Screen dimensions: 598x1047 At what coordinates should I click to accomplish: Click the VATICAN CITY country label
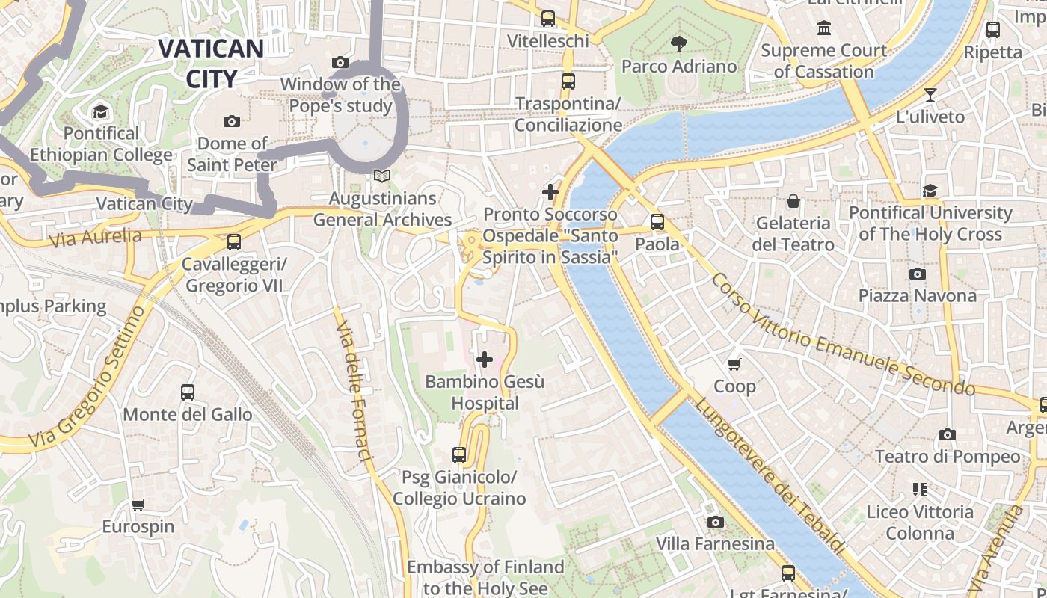[210, 64]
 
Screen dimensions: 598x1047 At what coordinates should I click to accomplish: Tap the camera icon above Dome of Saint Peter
[232, 121]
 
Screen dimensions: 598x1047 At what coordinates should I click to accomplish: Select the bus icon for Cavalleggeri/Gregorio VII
[234, 242]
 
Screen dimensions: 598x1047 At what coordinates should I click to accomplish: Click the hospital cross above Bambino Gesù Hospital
[485, 360]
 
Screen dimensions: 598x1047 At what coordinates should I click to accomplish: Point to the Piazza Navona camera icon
[917, 274]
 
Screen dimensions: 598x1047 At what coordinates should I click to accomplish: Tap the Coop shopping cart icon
[734, 365]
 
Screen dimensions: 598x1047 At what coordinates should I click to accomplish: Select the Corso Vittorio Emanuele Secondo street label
[842, 334]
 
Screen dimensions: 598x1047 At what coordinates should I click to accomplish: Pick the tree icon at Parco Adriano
[679, 44]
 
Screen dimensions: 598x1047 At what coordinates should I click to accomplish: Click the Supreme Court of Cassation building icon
[824, 28]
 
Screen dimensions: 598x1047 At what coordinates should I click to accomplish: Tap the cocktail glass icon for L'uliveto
[930, 95]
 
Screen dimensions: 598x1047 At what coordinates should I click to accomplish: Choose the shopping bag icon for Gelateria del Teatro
[793, 201]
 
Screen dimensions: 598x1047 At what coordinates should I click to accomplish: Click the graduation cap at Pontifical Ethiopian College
[100, 112]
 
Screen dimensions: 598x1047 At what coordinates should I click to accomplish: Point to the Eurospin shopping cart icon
[138, 505]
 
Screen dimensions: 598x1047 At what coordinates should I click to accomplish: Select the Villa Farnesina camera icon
[716, 522]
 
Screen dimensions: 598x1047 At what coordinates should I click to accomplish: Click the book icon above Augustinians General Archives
[382, 176]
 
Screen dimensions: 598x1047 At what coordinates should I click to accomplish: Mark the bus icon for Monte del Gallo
[188, 392]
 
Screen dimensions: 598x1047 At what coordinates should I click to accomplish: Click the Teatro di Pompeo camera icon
[947, 434]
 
